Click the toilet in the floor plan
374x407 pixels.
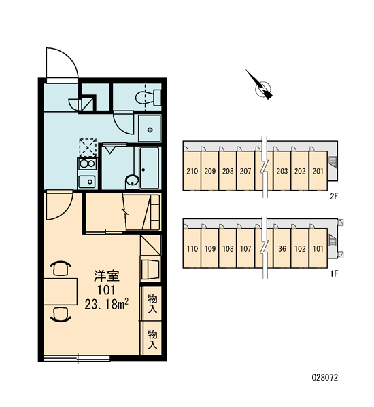point(148,98)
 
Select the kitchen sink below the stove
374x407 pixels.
point(87,181)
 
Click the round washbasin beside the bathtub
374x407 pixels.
point(133,180)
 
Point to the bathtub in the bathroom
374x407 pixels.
point(150,168)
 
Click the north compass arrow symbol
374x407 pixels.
point(261,85)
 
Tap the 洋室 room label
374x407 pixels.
point(107,276)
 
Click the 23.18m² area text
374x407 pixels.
point(107,304)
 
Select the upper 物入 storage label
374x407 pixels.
point(153,303)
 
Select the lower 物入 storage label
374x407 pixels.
point(153,339)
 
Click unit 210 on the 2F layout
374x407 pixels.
point(192,171)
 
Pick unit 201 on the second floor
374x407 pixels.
point(318,171)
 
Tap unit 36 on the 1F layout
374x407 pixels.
point(282,249)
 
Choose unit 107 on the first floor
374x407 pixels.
point(245,249)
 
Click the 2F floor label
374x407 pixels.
point(334,197)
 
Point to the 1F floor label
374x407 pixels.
point(334,273)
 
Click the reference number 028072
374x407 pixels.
point(325,377)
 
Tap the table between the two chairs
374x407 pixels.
point(61,292)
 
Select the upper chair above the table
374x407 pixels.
point(62,268)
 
